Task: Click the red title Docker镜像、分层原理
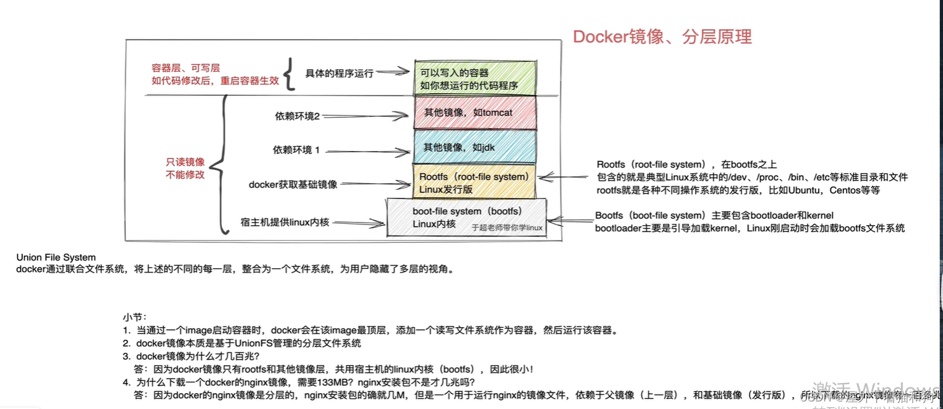click(662, 37)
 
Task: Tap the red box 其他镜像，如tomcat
click(474, 113)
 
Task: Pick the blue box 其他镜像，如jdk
click(474, 147)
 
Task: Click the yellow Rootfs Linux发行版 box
click(474, 183)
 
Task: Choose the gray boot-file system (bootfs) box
click(466, 217)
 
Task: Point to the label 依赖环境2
click(297, 116)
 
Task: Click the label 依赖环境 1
click(296, 150)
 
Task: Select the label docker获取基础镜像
click(292, 185)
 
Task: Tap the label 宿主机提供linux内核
click(285, 223)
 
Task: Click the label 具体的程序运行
click(339, 73)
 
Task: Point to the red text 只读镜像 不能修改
click(185, 168)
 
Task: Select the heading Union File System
click(56, 257)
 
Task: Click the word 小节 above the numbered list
click(134, 316)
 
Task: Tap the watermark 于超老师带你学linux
click(507, 228)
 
